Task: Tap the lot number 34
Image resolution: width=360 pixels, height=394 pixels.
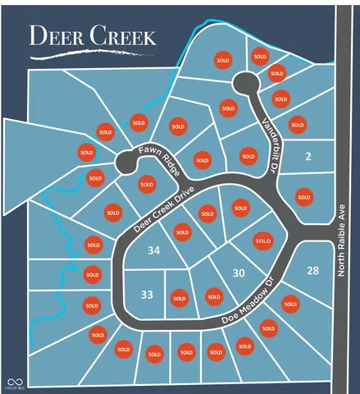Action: coord(153,251)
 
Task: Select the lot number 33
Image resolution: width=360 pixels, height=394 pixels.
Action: coord(147,295)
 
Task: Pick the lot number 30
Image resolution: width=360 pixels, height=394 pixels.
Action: coord(239,273)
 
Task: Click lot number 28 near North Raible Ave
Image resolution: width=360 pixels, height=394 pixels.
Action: coord(312,270)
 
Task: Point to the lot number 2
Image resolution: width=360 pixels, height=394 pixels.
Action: coord(308,157)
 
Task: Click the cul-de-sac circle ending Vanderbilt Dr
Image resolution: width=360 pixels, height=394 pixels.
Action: coord(244,82)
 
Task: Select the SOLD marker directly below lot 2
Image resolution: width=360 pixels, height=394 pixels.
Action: coord(304,196)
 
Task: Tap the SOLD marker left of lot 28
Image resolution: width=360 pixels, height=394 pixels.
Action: coord(289,304)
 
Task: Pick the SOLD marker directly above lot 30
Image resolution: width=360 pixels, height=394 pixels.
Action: coord(262,241)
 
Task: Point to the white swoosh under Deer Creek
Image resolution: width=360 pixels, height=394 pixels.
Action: coord(82,54)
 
